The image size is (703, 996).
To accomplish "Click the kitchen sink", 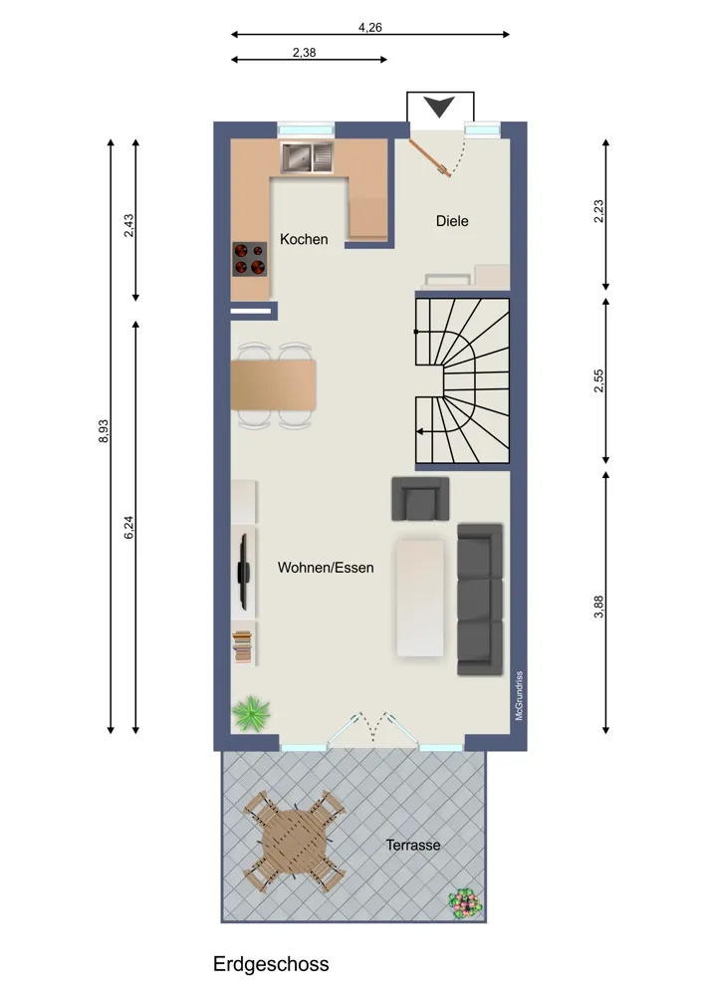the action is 308,157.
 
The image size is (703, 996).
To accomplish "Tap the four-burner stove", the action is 249,259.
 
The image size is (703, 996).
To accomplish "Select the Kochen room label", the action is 304,239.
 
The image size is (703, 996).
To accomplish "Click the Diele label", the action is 452,221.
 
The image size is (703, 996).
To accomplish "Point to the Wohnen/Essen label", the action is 326,568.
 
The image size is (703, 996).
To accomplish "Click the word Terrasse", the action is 413,845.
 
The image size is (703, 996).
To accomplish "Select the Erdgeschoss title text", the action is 271,964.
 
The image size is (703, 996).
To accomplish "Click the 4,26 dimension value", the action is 370,27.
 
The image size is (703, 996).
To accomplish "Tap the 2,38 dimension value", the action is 304,53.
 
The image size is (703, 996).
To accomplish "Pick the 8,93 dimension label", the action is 105,431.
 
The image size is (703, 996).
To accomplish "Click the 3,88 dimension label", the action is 598,607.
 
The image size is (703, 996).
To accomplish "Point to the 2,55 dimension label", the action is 598,380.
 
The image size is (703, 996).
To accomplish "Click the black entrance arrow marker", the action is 439,107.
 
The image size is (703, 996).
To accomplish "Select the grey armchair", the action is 420,499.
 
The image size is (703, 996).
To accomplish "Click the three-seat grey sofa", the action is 480,599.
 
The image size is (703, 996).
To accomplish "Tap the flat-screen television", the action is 243,571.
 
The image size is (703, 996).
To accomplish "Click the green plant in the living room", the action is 252,713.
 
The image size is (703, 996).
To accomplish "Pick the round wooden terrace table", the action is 295,842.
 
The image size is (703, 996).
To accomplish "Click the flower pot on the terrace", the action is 465,902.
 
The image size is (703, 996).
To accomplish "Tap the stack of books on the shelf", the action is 242,647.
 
